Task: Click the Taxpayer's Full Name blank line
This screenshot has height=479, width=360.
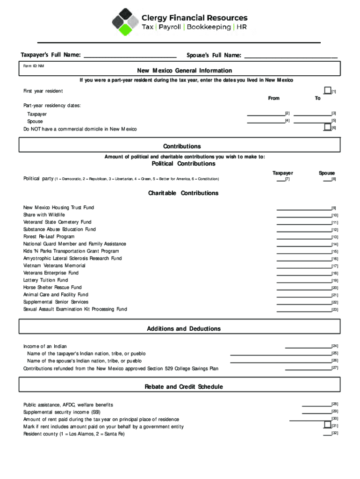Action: (130, 55)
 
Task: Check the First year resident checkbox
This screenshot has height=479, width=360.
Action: (327, 91)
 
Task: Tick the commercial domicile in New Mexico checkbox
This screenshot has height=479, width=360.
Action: (327, 127)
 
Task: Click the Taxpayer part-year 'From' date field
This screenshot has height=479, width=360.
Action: (266, 113)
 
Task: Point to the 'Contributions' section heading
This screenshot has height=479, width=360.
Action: (182, 146)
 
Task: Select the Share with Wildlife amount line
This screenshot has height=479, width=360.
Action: (303, 215)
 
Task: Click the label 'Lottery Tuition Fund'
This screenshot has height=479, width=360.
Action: (45, 280)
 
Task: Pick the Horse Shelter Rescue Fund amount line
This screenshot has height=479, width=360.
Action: (303, 287)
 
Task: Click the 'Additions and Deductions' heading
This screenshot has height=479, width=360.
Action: (184, 329)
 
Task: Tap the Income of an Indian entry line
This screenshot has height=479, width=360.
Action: (308, 346)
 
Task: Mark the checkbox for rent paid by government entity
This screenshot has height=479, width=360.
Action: (327, 425)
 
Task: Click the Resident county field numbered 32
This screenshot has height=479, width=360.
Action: (326, 434)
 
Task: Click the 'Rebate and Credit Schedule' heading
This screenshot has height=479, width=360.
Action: (184, 387)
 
